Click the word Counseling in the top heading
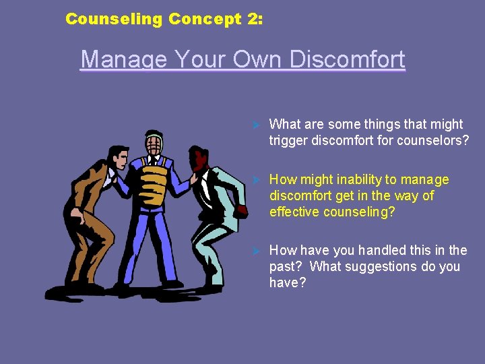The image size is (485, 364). [x=114, y=19]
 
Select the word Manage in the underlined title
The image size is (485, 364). [x=123, y=59]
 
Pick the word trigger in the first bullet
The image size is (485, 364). [x=288, y=140]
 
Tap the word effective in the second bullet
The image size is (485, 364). [x=293, y=212]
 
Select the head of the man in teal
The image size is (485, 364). [x=200, y=160]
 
